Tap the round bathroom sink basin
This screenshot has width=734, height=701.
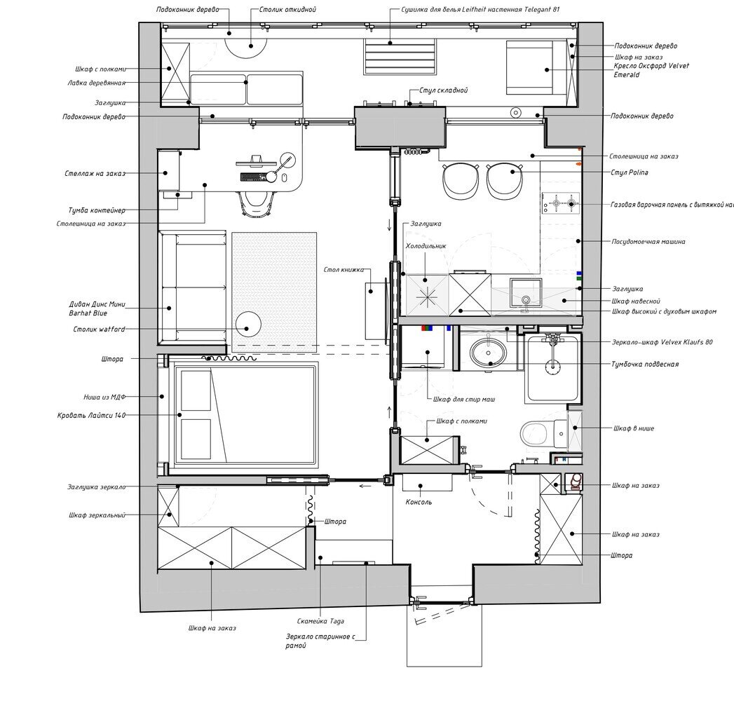(x=488, y=353)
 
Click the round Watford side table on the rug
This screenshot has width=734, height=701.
(x=248, y=324)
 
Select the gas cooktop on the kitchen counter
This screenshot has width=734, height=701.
(x=561, y=203)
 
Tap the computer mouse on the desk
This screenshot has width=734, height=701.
(x=284, y=178)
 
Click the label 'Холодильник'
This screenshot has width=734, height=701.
(x=426, y=245)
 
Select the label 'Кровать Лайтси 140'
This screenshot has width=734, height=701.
(x=91, y=415)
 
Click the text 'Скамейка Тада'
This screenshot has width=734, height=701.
(x=320, y=622)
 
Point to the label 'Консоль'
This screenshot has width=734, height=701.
(x=419, y=502)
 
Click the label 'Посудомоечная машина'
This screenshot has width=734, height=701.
(x=648, y=241)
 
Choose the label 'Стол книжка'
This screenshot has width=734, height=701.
(x=344, y=270)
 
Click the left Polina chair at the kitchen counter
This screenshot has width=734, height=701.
(x=461, y=180)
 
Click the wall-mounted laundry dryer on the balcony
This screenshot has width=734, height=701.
(x=400, y=57)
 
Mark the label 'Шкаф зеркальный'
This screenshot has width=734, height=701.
(x=97, y=515)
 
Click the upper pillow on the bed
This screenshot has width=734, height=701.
(x=196, y=390)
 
